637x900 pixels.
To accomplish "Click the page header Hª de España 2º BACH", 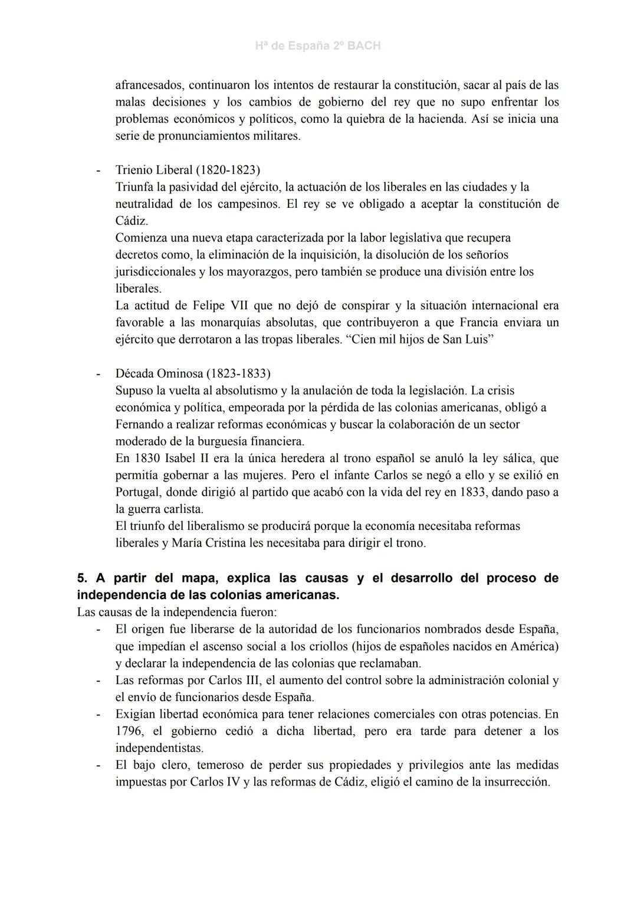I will pos(318,46).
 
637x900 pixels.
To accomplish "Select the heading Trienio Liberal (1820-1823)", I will pos(188,170).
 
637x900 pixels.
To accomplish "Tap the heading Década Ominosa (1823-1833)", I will pos(193,374).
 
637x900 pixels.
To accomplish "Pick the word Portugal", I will pos(138,492).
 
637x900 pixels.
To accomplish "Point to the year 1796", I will pos(129,731).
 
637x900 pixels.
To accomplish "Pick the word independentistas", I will pos(159,748).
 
